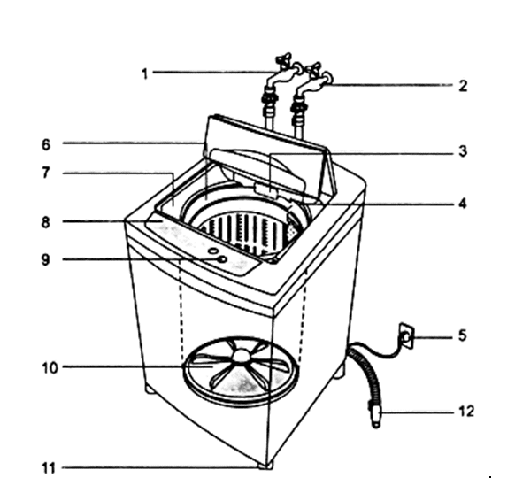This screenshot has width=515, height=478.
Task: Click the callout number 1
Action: click(145, 74)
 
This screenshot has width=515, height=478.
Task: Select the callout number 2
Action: click(463, 86)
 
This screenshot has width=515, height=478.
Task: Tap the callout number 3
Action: click(463, 151)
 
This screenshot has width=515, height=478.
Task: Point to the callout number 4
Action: click(463, 204)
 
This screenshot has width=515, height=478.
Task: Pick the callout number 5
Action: click(463, 335)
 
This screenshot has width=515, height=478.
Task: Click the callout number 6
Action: click(46, 144)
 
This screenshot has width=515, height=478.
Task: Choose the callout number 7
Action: click(46, 173)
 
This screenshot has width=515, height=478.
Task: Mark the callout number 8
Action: click(46, 222)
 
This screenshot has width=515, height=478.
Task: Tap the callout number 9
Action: click(46, 259)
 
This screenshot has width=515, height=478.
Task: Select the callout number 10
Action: click(50, 368)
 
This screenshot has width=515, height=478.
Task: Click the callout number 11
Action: click(49, 467)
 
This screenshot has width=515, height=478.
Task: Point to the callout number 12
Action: click(466, 412)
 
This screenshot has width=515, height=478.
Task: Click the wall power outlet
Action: click(407, 336)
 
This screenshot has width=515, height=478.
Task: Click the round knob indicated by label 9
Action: click(222, 259)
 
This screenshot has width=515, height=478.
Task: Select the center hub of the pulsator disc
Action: click(242, 355)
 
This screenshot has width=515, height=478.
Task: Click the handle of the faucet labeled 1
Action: click(283, 58)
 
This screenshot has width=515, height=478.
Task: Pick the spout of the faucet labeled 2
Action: click(327, 79)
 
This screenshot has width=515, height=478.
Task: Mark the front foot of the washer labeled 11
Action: click(265, 466)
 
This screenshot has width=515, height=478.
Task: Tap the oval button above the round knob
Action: click(213, 251)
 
